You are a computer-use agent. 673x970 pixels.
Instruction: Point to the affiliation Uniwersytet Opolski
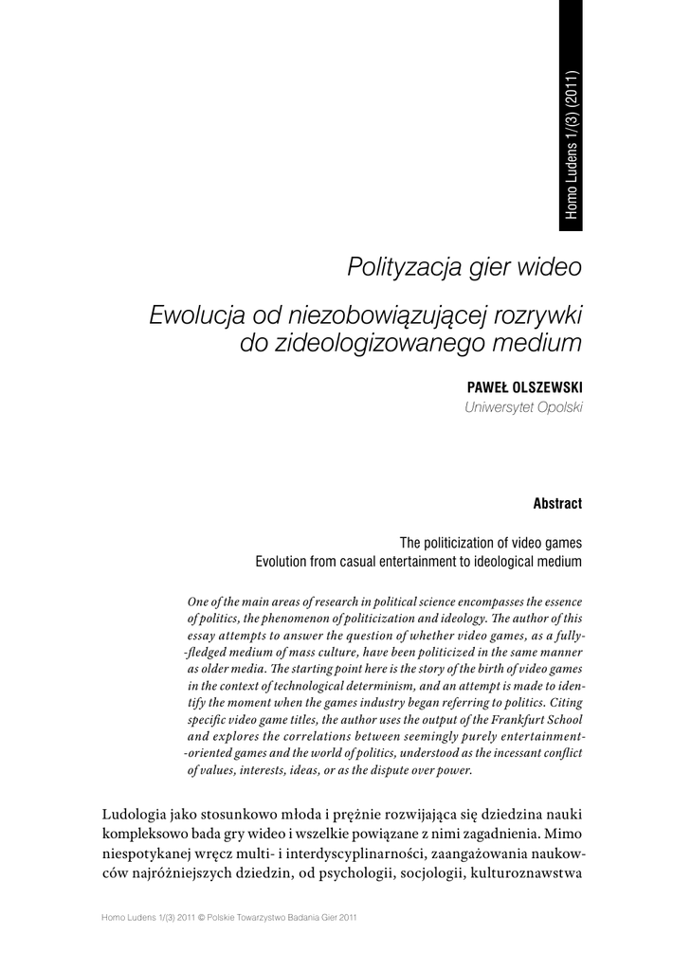click(x=523, y=407)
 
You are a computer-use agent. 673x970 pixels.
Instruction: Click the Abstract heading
click(x=557, y=503)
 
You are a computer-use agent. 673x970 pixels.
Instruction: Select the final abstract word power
click(x=455, y=770)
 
